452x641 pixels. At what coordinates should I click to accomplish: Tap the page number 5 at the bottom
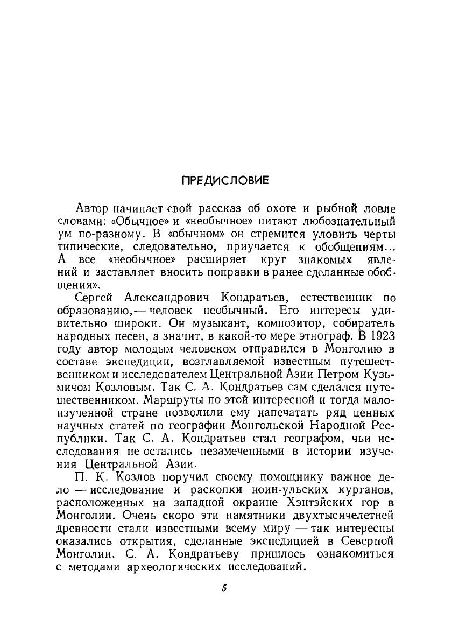pos(224,588)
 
